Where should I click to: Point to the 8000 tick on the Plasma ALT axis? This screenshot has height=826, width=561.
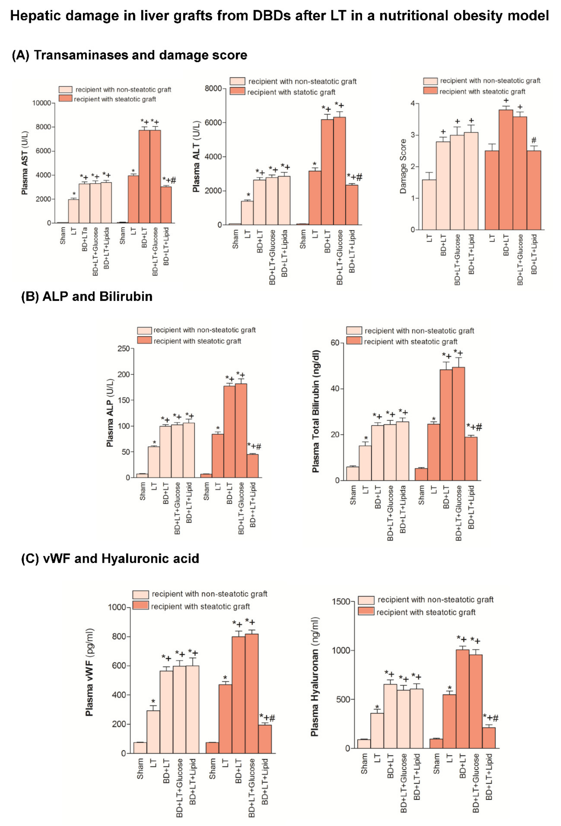(x=213, y=89)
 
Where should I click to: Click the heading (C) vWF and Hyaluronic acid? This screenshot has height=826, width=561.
(x=110, y=558)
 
